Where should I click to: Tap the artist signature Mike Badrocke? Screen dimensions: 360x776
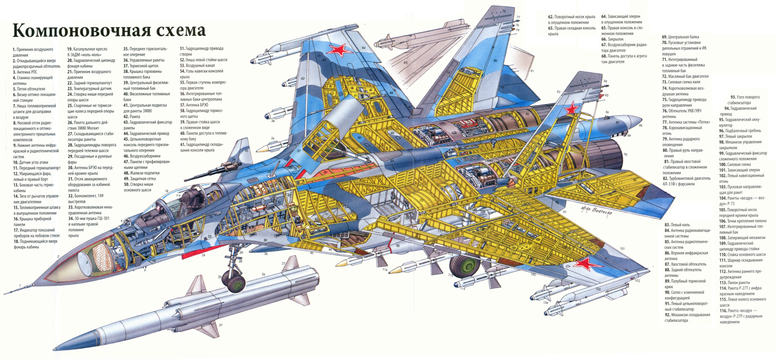(596, 211)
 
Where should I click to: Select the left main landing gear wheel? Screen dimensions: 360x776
(465, 265)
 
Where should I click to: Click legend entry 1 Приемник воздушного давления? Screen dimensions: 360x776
(33, 52)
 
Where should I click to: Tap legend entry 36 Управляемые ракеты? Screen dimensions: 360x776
(144, 60)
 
